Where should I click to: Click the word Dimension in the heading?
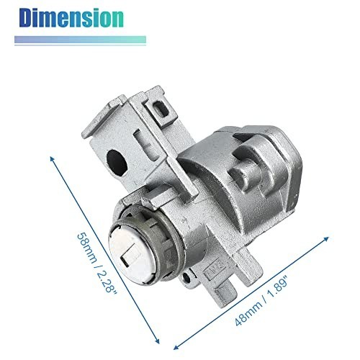(x=71, y=18)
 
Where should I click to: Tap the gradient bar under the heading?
(x=80, y=40)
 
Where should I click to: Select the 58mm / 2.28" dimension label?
(x=96, y=262)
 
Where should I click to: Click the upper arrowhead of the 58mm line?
(x=52, y=159)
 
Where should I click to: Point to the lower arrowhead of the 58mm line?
(x=157, y=341)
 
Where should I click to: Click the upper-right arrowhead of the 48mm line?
(x=326, y=239)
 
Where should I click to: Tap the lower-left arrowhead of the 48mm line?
(x=176, y=347)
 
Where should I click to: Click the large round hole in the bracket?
(x=117, y=162)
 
